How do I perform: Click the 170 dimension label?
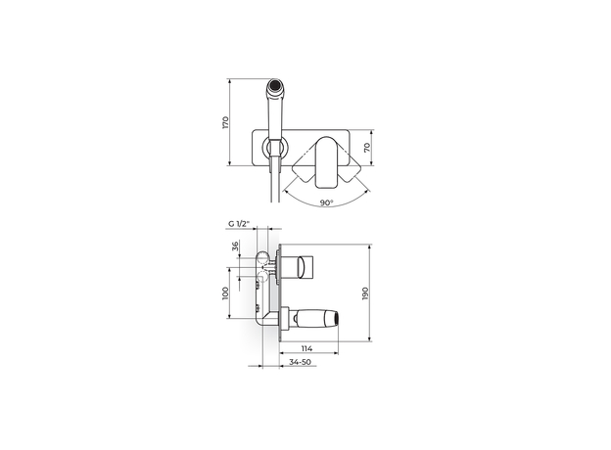[225, 122]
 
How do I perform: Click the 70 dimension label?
[366, 148]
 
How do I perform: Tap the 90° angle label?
[326, 202]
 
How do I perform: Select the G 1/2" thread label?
[239, 224]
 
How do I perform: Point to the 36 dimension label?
[235, 246]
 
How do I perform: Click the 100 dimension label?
[225, 293]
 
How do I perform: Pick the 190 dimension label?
[365, 293]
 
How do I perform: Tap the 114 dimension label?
[306, 348]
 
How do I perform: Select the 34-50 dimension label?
[300, 362]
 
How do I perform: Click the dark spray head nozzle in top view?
[275, 84]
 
